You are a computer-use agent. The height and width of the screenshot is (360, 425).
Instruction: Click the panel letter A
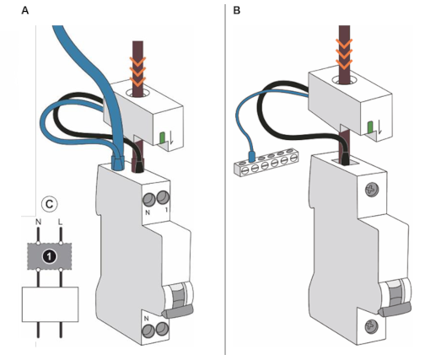point(25,11)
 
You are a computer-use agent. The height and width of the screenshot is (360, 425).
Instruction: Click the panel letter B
point(237,11)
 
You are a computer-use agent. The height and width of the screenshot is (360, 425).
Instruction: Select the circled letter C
point(49,204)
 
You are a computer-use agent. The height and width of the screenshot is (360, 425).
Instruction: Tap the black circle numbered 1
point(50,256)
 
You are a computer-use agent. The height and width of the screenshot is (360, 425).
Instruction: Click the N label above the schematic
point(38,222)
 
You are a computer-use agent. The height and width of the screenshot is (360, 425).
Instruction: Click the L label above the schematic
point(60,222)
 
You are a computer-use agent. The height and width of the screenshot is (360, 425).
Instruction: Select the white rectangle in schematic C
point(50,304)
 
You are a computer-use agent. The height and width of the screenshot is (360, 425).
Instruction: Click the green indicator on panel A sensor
point(162,137)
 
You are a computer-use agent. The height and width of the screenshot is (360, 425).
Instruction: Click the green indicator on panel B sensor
point(370,126)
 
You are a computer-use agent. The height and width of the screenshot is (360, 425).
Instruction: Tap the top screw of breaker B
point(372,190)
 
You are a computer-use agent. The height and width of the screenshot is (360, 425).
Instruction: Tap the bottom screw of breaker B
point(371,327)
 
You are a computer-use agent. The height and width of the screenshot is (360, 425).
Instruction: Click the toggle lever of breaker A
point(178,312)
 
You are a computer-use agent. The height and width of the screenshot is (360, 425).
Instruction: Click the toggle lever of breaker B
point(395,310)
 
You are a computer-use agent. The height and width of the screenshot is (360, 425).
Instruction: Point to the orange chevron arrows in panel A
point(137,71)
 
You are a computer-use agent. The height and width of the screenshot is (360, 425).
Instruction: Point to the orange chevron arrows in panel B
point(344,54)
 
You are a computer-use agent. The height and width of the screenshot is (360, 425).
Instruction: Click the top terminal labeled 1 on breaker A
point(163,197)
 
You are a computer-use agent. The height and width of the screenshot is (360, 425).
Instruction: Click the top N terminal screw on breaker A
point(149,200)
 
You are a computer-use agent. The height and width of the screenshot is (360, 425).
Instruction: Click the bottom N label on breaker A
point(146,319)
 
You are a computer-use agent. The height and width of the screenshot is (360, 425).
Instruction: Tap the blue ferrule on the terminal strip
point(251,156)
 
